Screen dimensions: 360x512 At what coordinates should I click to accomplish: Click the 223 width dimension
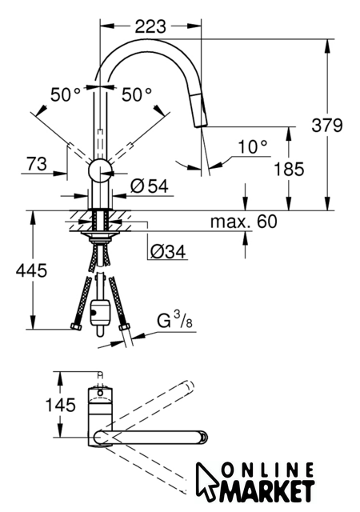coord(150,26)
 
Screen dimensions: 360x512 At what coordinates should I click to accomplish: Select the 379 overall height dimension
coord(327,125)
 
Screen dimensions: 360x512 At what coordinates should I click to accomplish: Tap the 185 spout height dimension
coord(289,170)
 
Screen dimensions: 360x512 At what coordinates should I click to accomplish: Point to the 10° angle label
coord(253,146)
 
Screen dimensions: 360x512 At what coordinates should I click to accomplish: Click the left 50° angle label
coord(66,95)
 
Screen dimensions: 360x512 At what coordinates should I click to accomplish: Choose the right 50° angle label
coord(137,95)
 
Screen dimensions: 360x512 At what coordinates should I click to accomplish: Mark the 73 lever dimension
coord(37,164)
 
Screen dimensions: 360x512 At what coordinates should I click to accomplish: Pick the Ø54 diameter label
coord(150,186)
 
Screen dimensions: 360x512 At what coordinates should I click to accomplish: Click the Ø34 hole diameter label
coord(168,252)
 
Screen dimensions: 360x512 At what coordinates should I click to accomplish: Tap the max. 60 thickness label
coord(243,222)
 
